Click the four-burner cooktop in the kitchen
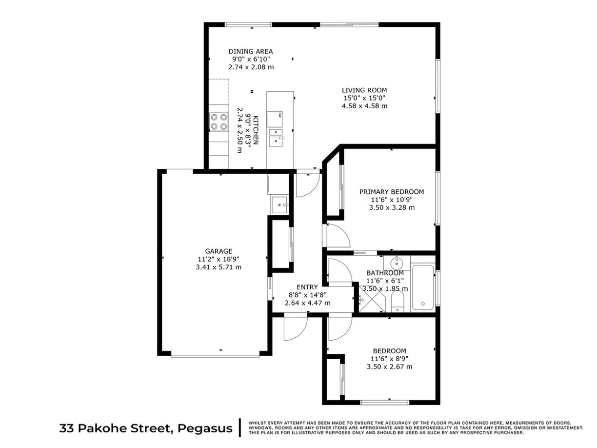pos(219,121)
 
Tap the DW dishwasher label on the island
pos(280,115)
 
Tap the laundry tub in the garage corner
pos(279,203)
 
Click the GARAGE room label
pos(218,251)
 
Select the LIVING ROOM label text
pos(364,90)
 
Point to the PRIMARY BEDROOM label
pos(391,192)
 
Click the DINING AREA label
pos(251,51)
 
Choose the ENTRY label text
pos(307,287)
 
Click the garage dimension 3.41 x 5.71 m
pos(218,267)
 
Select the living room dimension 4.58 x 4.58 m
pos(364,106)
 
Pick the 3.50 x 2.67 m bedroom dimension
pos(389,367)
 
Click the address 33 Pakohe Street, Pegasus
pos(146,428)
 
